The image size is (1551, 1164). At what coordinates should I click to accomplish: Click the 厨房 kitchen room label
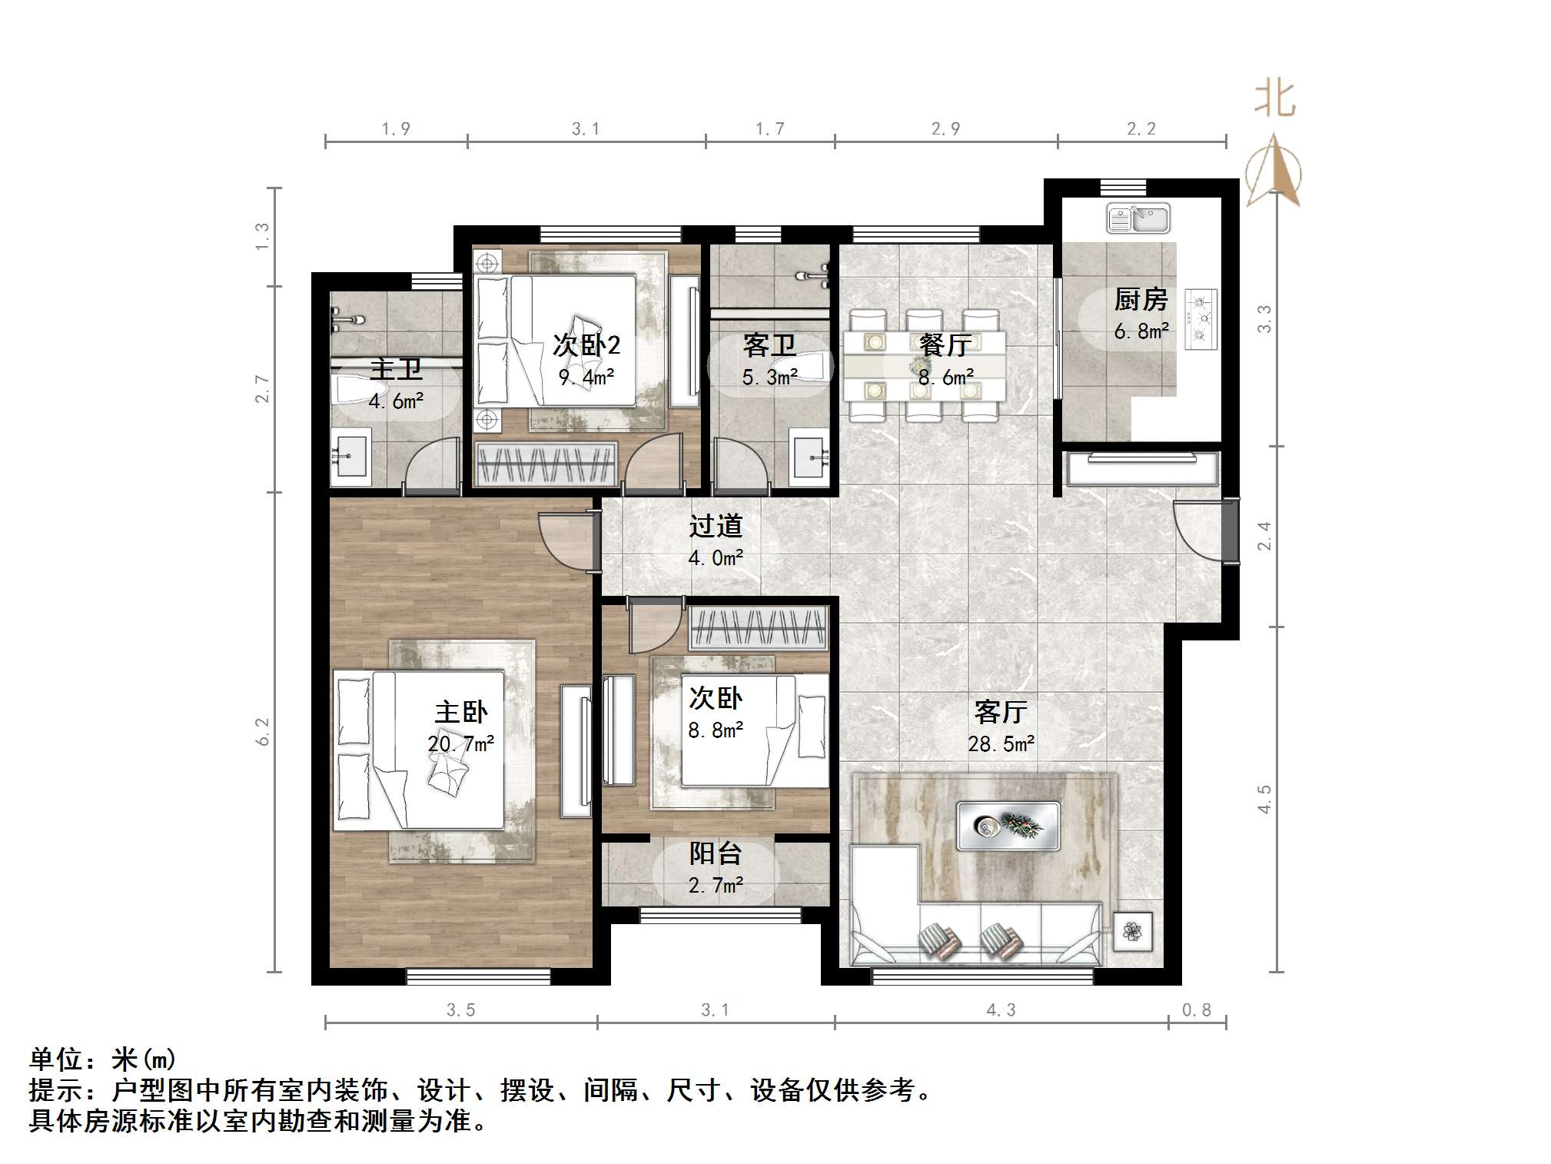pos(1141,299)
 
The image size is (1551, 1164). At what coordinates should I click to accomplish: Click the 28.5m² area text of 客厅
pos(1001,743)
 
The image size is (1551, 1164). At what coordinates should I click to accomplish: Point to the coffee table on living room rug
pos(1008,826)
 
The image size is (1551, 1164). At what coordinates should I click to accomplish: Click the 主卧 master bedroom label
pos(461,712)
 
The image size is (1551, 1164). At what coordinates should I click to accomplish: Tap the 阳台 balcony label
pos(715,853)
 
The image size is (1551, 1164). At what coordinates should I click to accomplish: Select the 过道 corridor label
pos(715,526)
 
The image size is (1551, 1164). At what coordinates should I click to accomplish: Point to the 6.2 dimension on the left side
pos(263,731)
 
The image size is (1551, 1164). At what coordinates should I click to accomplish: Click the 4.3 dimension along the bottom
pos(1001,1010)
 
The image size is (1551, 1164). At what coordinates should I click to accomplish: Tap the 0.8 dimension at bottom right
pos(1196,1010)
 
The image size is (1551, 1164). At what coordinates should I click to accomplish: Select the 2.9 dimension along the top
pos(945,129)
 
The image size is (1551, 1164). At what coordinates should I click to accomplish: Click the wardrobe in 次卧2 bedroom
pos(545,464)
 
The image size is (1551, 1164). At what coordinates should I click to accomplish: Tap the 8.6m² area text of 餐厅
pos(945,377)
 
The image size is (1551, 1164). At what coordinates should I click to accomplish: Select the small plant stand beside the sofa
pos(1132,931)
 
